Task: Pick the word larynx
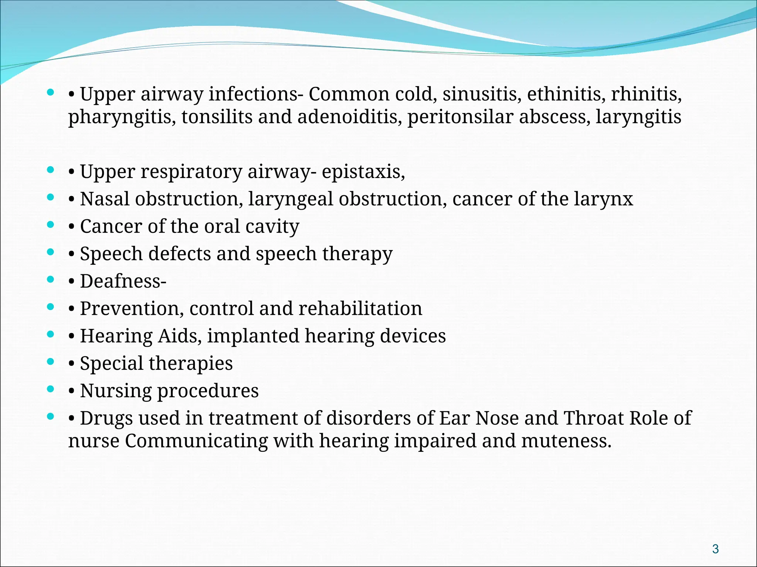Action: coord(603,199)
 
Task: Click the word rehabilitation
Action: coord(360,309)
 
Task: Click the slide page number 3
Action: coord(715,549)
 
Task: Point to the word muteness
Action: coord(566,441)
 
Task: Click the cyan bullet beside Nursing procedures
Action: coord(51,389)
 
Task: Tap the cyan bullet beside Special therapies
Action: coord(51,362)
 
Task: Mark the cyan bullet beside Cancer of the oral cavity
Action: coord(51,224)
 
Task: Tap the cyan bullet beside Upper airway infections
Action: coord(51,92)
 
